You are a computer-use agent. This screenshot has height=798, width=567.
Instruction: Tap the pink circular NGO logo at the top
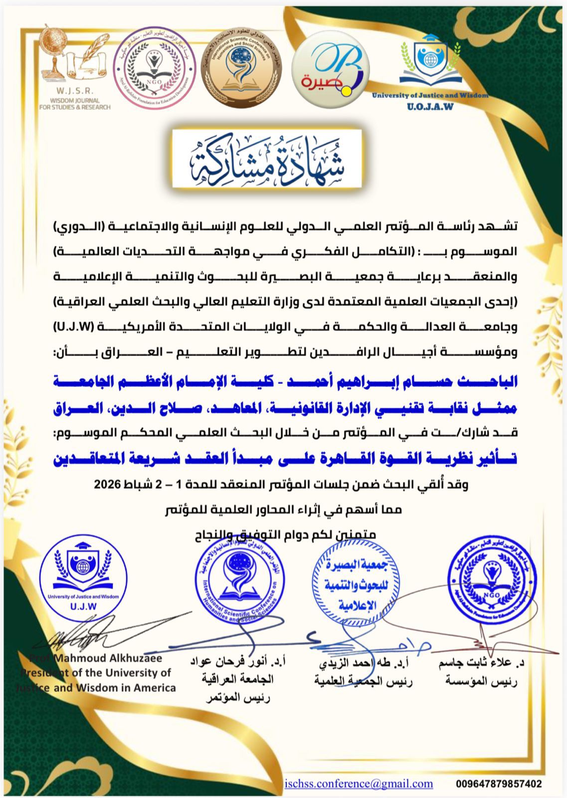pyautogui.click(x=152, y=65)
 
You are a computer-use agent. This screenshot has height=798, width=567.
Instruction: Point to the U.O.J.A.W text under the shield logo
pyautogui.click(x=430, y=106)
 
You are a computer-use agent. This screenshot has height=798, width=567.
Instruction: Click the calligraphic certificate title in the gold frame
pyautogui.click(x=267, y=160)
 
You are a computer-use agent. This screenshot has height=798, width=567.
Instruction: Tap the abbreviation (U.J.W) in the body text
pyautogui.click(x=75, y=327)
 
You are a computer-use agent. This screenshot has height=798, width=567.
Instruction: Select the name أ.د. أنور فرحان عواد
pyautogui.click(x=238, y=663)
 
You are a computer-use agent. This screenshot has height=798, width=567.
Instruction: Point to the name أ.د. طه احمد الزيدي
pyautogui.click(x=364, y=663)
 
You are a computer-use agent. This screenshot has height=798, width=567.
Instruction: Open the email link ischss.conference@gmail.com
pyautogui.click(x=359, y=784)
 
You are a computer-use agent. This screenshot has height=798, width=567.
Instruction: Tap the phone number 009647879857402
pyautogui.click(x=498, y=784)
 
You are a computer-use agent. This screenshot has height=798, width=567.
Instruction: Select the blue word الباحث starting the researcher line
pyautogui.click(x=494, y=382)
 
